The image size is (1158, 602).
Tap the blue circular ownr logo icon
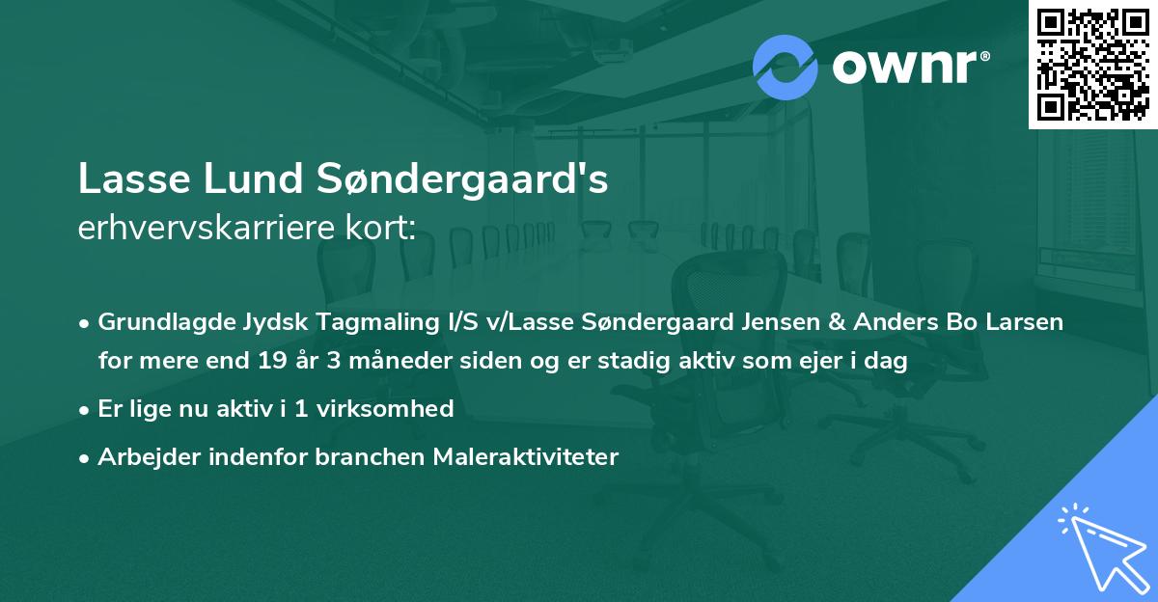click(786, 67)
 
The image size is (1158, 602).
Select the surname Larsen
click(1027, 322)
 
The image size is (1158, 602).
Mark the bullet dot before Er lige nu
click(86, 410)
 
